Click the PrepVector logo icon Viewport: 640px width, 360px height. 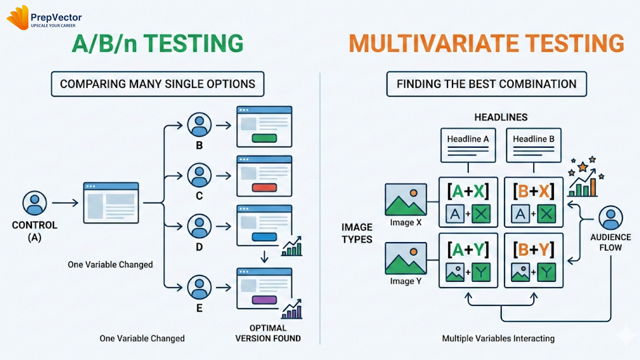(x=18, y=18)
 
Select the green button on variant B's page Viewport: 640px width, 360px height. (x=264, y=138)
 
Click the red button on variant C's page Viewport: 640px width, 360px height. (x=264, y=188)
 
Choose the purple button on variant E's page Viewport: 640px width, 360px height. (x=264, y=300)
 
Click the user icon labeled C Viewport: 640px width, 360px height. (x=199, y=175)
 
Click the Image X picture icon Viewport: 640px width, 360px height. (x=406, y=200)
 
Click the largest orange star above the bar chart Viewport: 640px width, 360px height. (x=583, y=167)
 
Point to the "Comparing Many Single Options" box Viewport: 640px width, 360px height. (x=158, y=84)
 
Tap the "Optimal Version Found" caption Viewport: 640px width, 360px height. (x=268, y=333)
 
